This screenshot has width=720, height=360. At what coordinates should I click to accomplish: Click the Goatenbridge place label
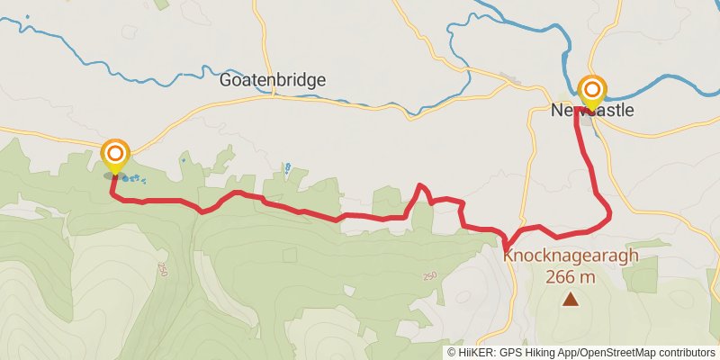pos(273,80)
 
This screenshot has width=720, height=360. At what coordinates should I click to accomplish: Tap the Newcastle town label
pos(592,111)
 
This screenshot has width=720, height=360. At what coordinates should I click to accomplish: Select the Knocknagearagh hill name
pos(571,256)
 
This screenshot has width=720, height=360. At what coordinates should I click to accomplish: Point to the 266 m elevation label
pos(571,276)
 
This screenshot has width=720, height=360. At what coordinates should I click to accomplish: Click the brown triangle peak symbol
pos(571,299)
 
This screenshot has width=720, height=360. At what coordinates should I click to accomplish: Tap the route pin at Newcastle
pos(592,91)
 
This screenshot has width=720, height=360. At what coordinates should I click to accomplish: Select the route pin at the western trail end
pos(115,155)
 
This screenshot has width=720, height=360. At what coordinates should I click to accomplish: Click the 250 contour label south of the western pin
pos(163,269)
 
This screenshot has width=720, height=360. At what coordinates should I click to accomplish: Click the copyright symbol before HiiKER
pos(452,353)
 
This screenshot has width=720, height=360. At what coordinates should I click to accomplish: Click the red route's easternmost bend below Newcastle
pos(610,213)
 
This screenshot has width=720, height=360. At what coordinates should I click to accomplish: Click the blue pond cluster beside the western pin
pos(131,178)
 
